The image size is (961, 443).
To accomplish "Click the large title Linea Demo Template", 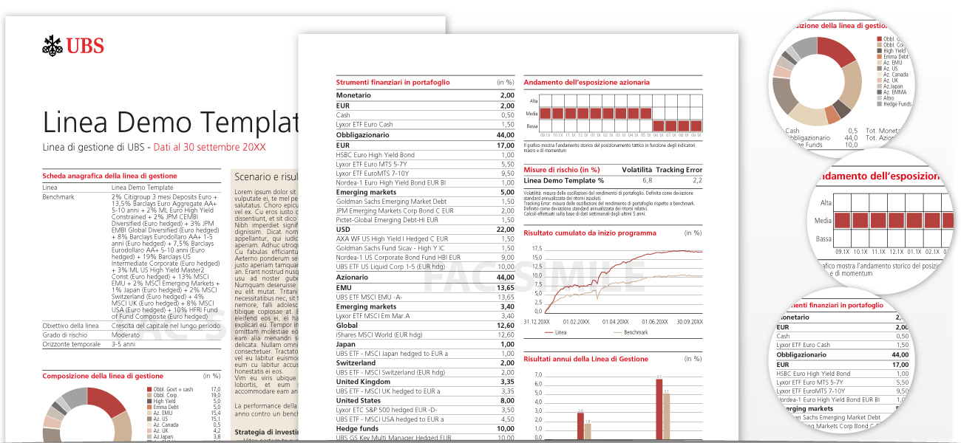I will tap(170, 122).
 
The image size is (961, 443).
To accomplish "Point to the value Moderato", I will tap(126, 334).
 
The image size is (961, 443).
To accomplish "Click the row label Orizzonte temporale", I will tap(71, 344).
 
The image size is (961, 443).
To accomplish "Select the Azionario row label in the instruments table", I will tap(352, 277).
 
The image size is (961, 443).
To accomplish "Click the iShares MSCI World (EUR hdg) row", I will tap(378, 334).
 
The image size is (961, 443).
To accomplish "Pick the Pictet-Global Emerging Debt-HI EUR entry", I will tap(387, 220).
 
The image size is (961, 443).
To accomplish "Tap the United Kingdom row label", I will tap(363, 382).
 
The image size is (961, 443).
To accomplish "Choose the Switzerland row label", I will tap(356, 363).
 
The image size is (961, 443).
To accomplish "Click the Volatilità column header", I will tap(636, 170).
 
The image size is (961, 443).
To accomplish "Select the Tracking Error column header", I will tap(679, 170).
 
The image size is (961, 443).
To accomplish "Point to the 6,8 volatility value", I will tap(647, 180).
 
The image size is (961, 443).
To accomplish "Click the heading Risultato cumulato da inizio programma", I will tap(589, 233).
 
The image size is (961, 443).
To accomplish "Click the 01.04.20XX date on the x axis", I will tap(615, 322).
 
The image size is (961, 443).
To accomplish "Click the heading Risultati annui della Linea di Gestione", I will tap(585, 359).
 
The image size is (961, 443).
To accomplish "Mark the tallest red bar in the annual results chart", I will tap(659, 410).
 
